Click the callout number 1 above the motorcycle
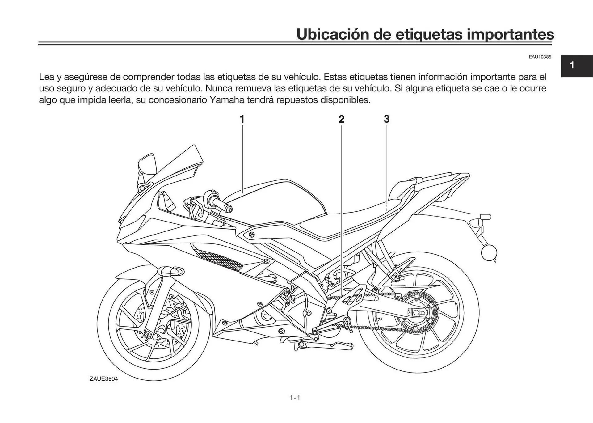[x=242, y=119]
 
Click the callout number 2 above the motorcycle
[x=341, y=119]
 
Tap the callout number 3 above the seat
[x=387, y=119]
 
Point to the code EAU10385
[x=540, y=57]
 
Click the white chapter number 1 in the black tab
[x=572, y=65]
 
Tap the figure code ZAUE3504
[x=104, y=379]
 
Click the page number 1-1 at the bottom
[x=295, y=398]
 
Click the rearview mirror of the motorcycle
[x=147, y=164]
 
